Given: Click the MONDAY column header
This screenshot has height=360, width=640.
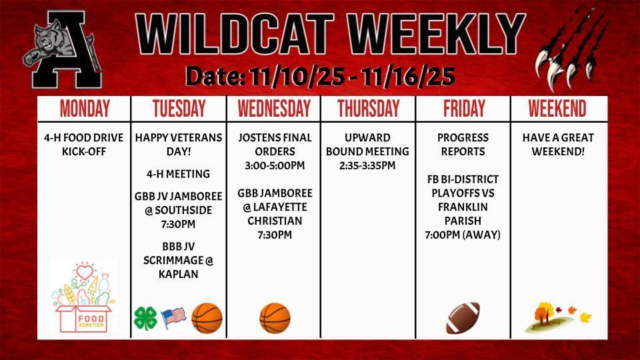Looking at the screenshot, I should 85,109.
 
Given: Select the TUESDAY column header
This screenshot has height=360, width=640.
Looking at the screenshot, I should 179,109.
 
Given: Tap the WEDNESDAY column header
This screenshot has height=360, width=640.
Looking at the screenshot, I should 274,109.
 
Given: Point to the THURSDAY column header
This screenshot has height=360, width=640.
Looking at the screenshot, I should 368,109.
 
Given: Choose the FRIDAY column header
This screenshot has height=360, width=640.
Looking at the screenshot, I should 464,109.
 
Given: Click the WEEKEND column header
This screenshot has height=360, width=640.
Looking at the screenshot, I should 557,109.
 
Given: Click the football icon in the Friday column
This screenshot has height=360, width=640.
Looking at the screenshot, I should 463,317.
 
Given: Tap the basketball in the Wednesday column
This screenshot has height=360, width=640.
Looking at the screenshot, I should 275,318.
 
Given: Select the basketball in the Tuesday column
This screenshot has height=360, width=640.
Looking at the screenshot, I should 207,318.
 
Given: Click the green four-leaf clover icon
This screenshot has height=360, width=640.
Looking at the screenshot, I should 145,319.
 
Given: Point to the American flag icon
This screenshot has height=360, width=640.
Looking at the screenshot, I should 173,318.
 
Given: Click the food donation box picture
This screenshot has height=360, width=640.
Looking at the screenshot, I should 83,297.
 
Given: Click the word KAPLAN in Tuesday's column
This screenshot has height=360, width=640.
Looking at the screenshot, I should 179,273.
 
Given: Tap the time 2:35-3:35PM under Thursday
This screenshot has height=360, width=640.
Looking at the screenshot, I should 367,165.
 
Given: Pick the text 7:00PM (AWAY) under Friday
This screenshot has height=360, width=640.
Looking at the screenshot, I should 463,235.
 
